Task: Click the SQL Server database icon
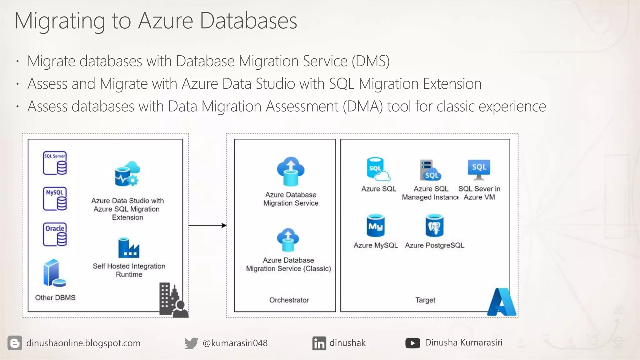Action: [55, 163]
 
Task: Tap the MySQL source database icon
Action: [55, 199]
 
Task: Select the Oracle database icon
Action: [55, 234]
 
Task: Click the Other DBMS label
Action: [55, 297]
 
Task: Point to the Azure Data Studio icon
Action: [127, 174]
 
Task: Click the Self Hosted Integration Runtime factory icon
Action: [128, 247]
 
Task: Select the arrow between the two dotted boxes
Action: [207, 225]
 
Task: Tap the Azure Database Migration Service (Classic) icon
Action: [288, 240]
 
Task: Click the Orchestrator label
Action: [289, 300]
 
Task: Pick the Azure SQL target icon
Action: [378, 169]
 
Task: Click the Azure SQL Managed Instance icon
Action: [430, 170]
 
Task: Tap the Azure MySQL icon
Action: [375, 226]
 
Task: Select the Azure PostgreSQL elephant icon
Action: [434, 226]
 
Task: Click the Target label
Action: [425, 300]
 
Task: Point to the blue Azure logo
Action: [502, 302]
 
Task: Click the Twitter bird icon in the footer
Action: [191, 343]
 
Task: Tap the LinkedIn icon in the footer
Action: [319, 343]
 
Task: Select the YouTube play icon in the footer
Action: [412, 343]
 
